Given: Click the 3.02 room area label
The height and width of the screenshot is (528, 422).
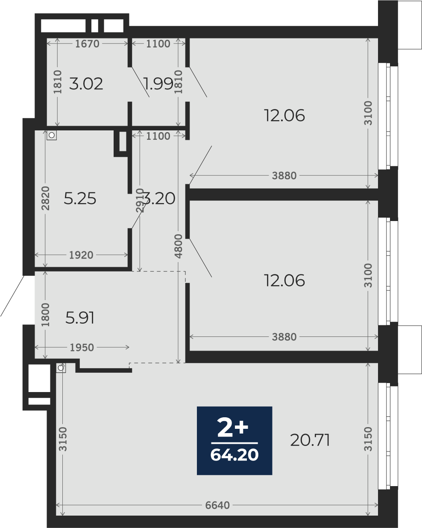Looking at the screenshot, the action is (x=86, y=84).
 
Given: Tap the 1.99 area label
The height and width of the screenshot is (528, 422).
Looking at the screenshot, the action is (x=158, y=84).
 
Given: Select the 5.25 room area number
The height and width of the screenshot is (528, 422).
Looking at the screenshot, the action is (x=80, y=198).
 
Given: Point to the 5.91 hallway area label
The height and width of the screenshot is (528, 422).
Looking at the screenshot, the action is (x=80, y=318).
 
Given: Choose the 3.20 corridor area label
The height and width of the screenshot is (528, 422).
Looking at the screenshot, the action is (x=159, y=198).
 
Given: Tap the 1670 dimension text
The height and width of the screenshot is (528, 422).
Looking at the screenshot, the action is (x=87, y=44).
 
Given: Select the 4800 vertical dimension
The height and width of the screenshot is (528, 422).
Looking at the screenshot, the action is (x=179, y=246).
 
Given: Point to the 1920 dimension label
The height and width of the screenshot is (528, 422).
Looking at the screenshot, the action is (x=81, y=255).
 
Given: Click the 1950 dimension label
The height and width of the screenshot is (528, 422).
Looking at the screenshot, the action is (x=82, y=348).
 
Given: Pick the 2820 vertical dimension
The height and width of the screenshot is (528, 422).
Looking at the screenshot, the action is (x=45, y=198).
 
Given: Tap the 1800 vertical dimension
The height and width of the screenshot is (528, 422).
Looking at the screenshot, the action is (x=45, y=315).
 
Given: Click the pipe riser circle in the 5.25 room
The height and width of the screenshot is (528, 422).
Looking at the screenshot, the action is (x=52, y=135).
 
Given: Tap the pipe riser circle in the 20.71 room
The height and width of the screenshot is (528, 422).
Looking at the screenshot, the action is (x=61, y=368).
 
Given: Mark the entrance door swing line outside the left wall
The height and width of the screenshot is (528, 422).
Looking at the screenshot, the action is (x=12, y=296).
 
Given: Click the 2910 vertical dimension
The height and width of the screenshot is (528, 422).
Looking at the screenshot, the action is (x=140, y=200).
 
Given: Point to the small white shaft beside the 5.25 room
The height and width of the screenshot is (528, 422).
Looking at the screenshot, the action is (x=123, y=142).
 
